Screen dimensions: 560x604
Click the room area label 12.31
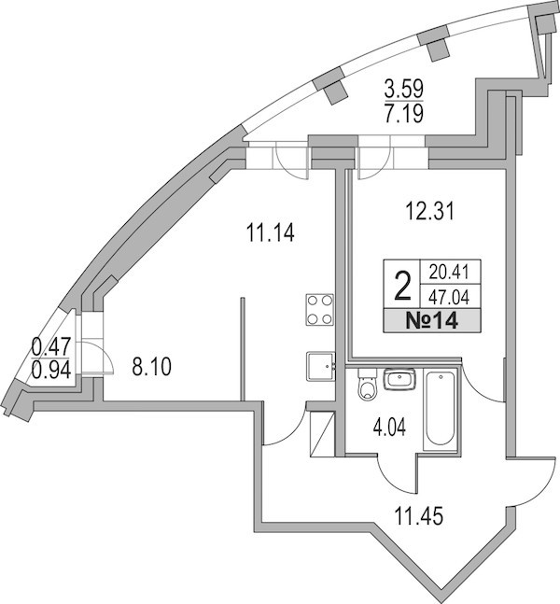click(x=430, y=212)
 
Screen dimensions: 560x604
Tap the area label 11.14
click(x=270, y=233)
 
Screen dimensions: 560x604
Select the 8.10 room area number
click(x=151, y=367)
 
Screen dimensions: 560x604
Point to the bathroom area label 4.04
click(x=389, y=428)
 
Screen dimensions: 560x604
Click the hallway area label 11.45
click(x=419, y=516)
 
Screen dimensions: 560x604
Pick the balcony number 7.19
click(x=404, y=114)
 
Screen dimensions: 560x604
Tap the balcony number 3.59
click(x=404, y=89)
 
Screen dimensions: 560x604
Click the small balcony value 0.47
click(x=51, y=346)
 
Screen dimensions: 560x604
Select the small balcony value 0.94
click(x=51, y=371)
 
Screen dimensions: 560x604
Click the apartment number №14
click(x=432, y=321)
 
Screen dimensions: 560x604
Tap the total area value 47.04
click(x=450, y=298)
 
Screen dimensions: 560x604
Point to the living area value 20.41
click(x=450, y=273)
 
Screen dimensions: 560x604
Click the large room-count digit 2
click(x=402, y=286)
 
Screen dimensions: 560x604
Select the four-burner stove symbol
click(x=320, y=310)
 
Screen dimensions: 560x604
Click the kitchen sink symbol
click(x=321, y=366)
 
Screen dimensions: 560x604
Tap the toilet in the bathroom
click(x=366, y=385)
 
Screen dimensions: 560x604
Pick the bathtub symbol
click(x=440, y=409)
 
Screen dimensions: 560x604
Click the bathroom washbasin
click(x=399, y=379)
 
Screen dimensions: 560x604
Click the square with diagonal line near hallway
click(x=322, y=434)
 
